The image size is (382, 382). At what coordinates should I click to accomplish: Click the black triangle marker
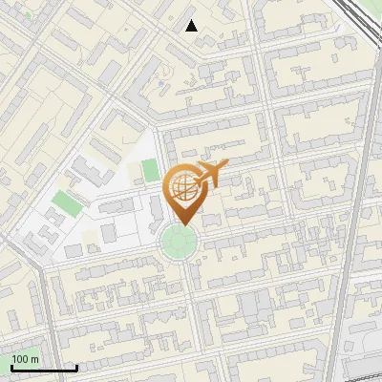coord(192,26)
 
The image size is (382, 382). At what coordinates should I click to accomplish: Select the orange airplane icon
coord(212,174)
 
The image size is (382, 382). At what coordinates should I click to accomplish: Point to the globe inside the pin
coord(181,185)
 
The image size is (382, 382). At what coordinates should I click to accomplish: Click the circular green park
coord(179,242)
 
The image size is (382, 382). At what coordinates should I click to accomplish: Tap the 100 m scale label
coord(26,359)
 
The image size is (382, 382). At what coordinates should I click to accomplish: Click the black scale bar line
coord(44,368)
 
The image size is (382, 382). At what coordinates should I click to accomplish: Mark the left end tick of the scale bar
coord(11,366)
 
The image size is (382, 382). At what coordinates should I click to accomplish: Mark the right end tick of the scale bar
coord(76,366)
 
